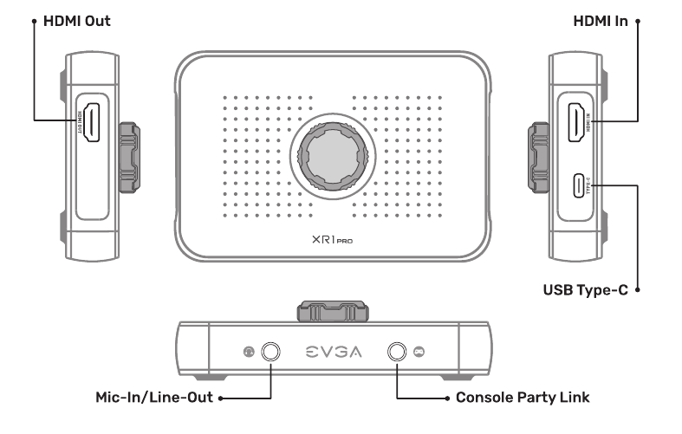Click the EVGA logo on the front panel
pos(335,352)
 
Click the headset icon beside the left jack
pos(248,352)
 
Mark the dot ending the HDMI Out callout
pos(33,19)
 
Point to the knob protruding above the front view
pos(335,310)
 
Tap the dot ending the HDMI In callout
pos(637,19)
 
